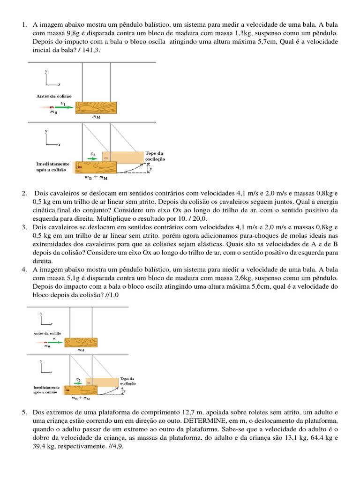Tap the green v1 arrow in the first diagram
click(65, 107)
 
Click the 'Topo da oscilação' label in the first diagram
click(155, 156)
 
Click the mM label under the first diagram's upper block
click(96, 118)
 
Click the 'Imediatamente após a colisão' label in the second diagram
click(46, 390)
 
